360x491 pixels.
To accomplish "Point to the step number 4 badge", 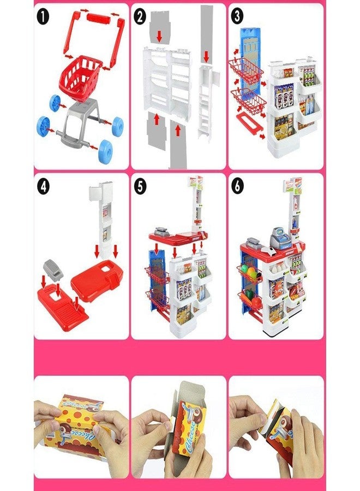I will (x=44, y=187).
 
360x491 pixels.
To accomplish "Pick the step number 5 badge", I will (x=140, y=187).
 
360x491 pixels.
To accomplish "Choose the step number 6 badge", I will (x=237, y=187).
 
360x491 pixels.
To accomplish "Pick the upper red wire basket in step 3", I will (x=246, y=71).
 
